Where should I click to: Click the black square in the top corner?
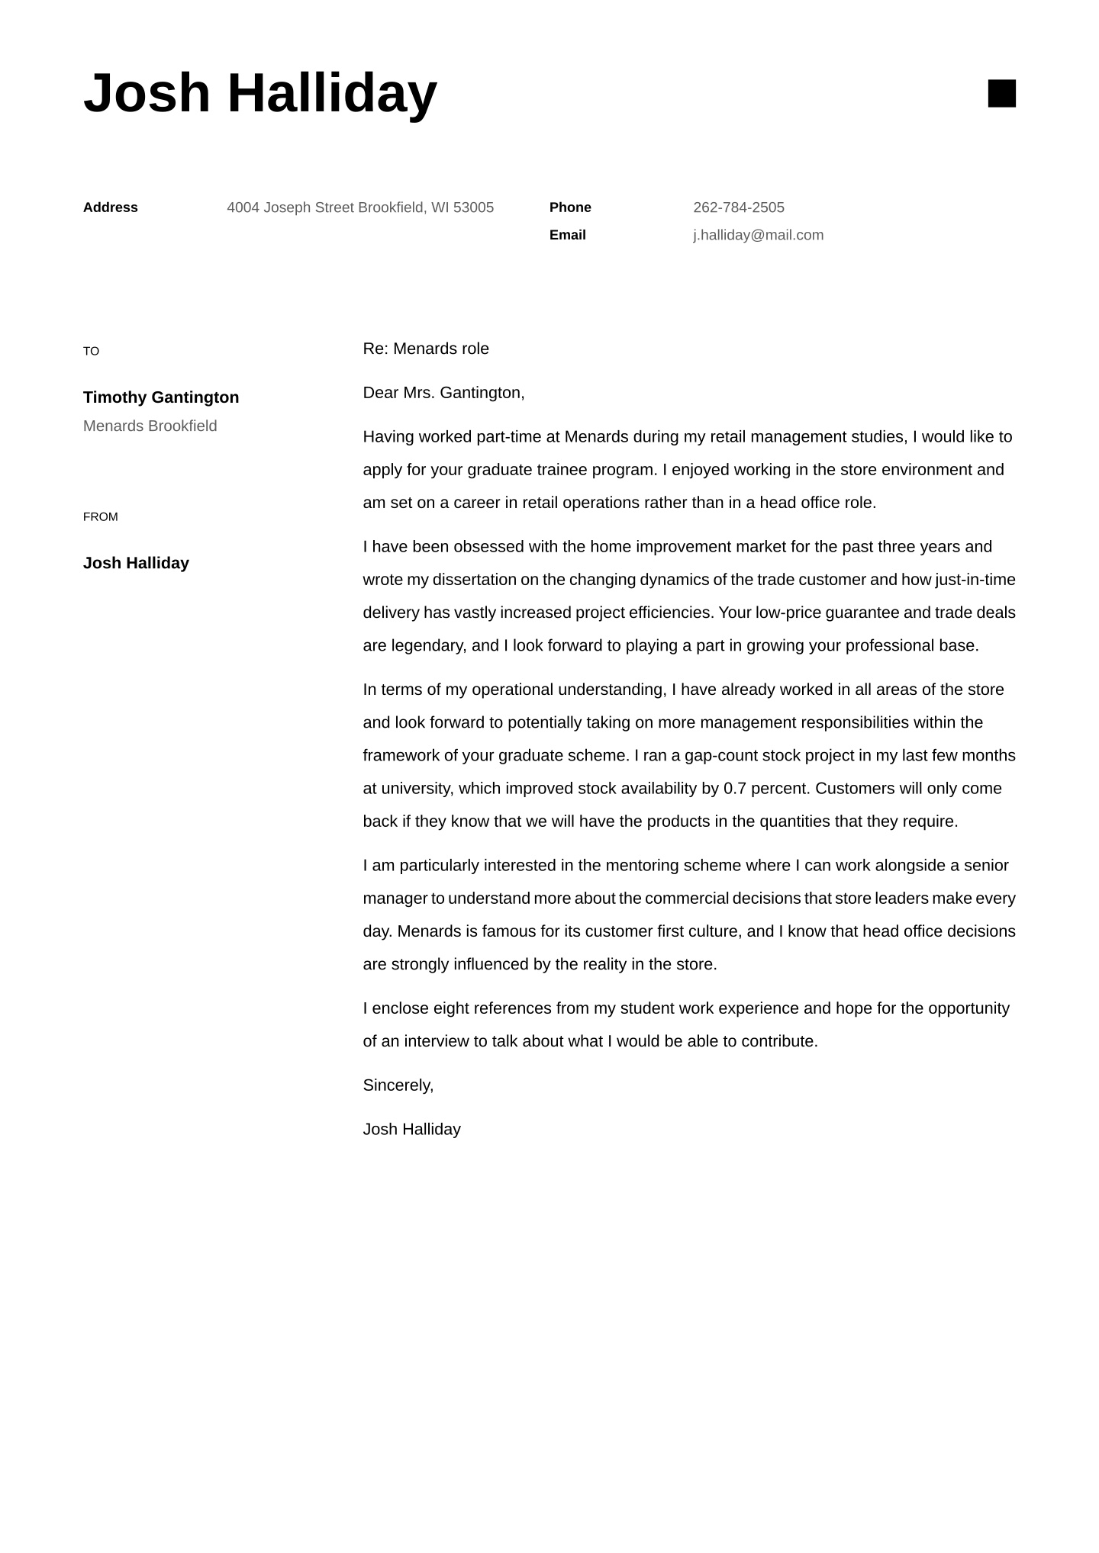tap(1001, 93)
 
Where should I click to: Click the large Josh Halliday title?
tap(259, 93)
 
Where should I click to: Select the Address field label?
tap(110, 207)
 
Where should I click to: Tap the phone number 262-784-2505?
tap(738, 207)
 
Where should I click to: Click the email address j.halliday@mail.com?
tap(758, 235)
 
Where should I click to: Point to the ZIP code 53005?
tap(473, 207)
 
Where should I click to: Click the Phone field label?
tap(570, 207)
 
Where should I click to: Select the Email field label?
tap(567, 235)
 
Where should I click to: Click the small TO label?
tap(91, 351)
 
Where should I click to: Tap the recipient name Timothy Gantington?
tap(161, 397)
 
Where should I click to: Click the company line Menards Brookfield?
tap(150, 426)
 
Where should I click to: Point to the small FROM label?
tap(100, 517)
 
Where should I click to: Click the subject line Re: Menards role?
tap(426, 349)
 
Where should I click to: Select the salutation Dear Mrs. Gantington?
tap(443, 393)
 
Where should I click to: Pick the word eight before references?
tap(451, 1008)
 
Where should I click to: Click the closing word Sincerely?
tap(398, 1085)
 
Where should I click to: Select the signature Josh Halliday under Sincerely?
tap(411, 1129)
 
